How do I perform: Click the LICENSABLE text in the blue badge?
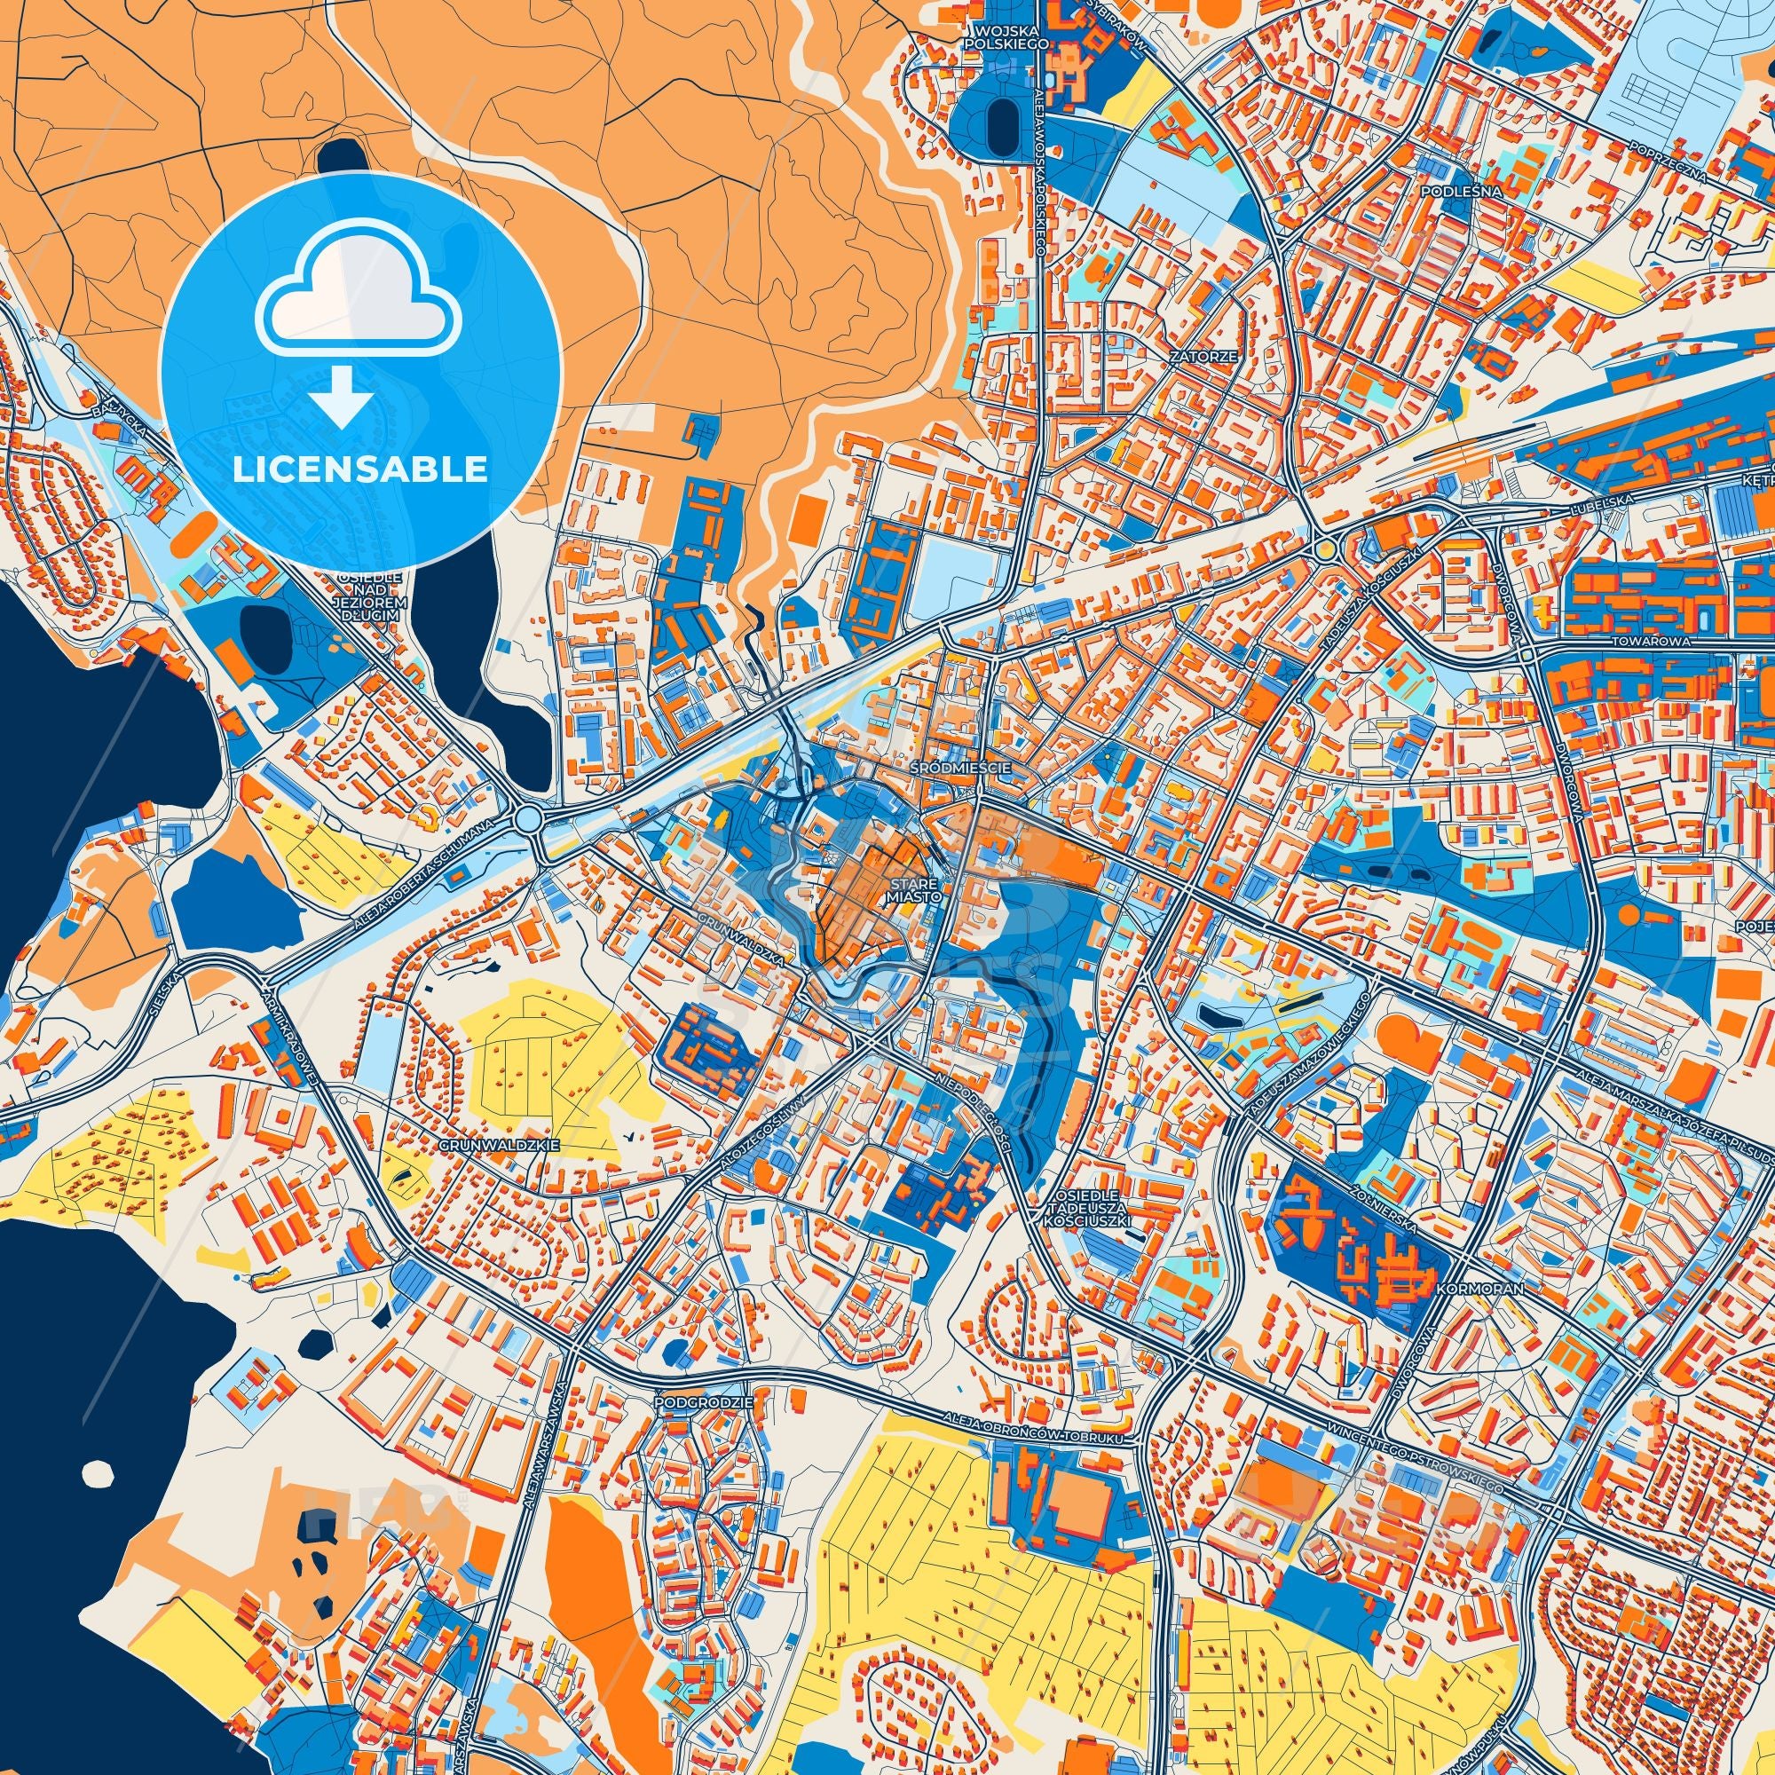click(359, 469)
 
